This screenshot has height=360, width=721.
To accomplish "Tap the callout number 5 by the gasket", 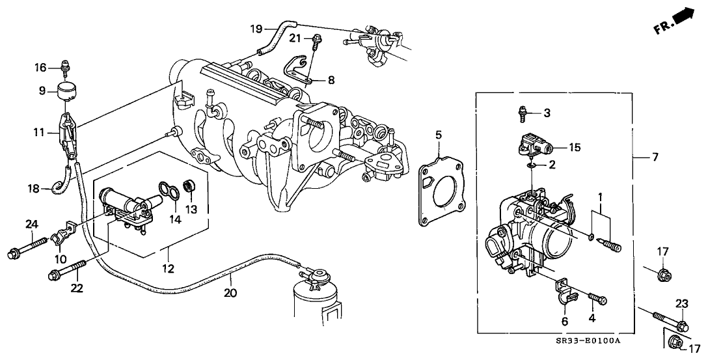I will click(x=439, y=135).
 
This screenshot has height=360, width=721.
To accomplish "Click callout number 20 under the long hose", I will click(x=229, y=294).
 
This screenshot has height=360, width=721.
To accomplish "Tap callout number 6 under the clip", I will click(x=565, y=321).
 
